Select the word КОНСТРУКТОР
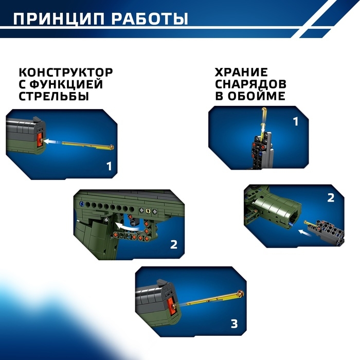pyautogui.click(x=66, y=73)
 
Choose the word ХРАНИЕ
pyautogui.click(x=241, y=73)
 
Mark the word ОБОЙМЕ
pyautogui.click(x=257, y=96)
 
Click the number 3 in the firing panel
pyautogui.click(x=235, y=323)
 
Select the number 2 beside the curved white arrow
pyautogui.click(x=173, y=244)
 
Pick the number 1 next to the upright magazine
pyautogui.click(x=295, y=122)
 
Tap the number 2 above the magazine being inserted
pyautogui.click(x=331, y=197)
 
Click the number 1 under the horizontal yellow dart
pyautogui.click(x=109, y=166)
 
